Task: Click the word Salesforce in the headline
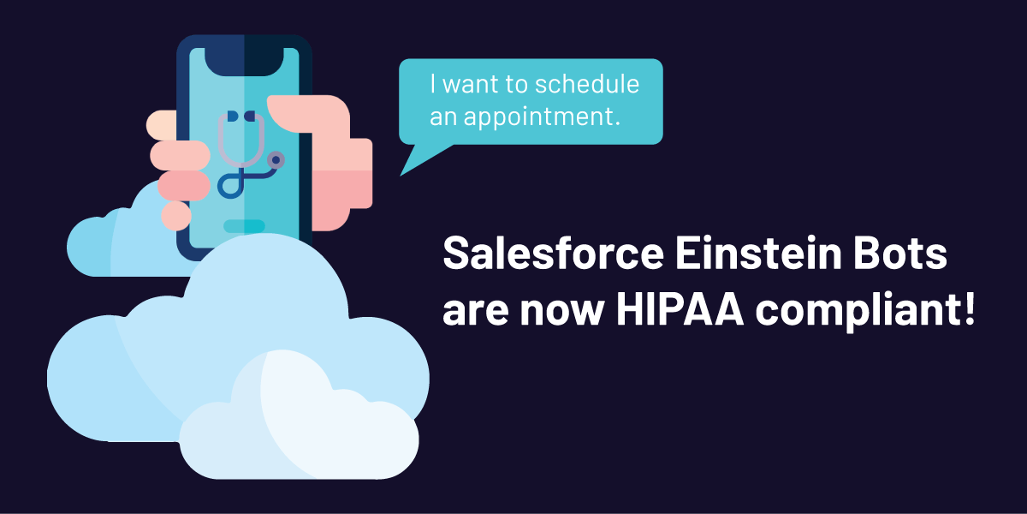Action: tap(554, 253)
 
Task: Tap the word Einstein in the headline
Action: tap(758, 253)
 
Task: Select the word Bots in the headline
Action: tap(900, 253)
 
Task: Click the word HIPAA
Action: tap(680, 309)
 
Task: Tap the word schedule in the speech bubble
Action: tap(587, 84)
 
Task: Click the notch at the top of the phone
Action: tap(244, 61)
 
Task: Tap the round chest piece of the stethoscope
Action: tap(276, 159)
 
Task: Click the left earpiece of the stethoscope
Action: tap(233, 117)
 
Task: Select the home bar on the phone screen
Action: tap(244, 226)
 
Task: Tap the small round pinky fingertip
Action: tap(176, 216)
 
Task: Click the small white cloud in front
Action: tap(299, 422)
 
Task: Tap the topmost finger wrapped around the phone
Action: tap(162, 125)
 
